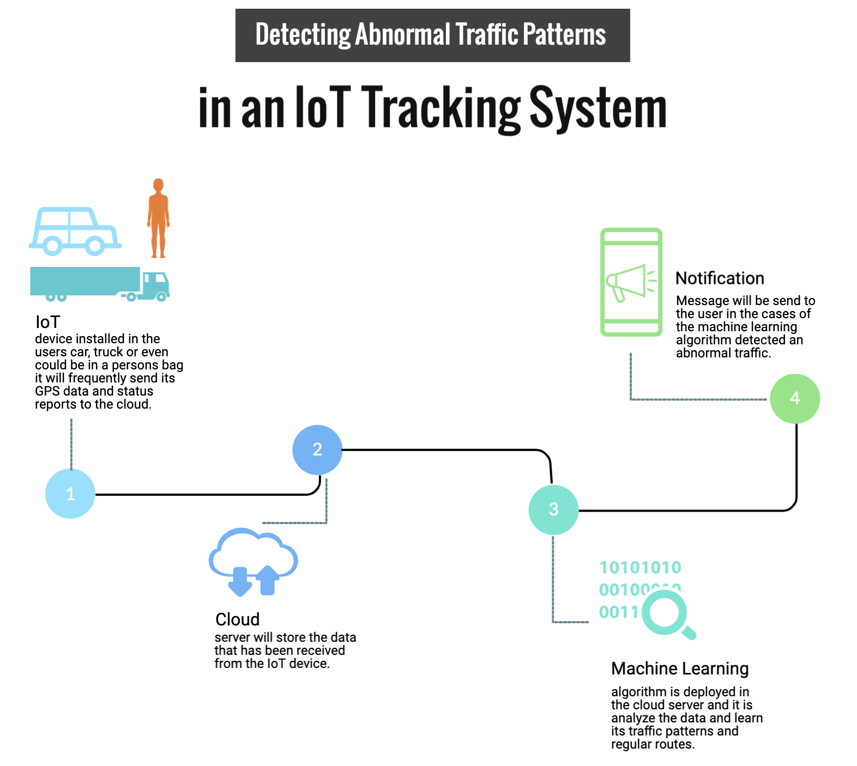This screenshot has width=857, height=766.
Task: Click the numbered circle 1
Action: pos(70,494)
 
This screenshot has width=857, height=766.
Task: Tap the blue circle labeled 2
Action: pos(317,449)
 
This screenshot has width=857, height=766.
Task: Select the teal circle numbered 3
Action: pos(553,509)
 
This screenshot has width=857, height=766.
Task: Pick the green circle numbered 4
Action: pos(795,398)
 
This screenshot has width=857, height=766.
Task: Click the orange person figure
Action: pos(158,218)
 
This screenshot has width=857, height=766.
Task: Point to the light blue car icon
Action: pos(75,232)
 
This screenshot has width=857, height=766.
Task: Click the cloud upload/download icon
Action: pos(254,561)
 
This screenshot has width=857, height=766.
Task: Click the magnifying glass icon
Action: pos(667,615)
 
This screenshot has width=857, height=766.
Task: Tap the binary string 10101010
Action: pos(640,568)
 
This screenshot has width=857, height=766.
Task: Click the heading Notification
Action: pos(720,278)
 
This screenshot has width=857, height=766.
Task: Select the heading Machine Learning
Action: pos(680,668)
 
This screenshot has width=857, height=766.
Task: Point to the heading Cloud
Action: pos(237,619)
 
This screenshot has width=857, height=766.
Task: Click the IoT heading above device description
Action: pos(47,322)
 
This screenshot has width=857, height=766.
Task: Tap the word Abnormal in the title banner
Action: pos(403,35)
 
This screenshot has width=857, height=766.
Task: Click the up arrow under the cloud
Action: pos(268,580)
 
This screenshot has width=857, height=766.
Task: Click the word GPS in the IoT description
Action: pos(47,391)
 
